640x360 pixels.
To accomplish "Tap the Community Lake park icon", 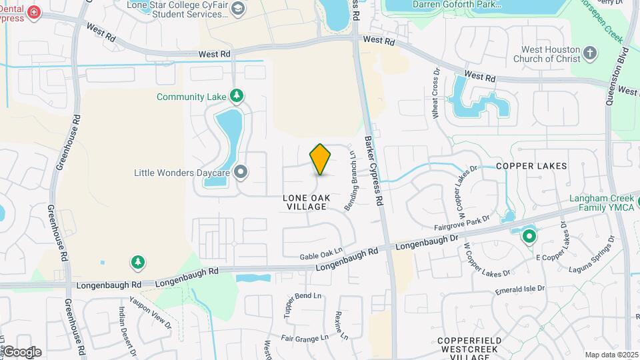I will click(236, 97).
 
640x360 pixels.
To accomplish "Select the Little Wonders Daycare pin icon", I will click(241, 173).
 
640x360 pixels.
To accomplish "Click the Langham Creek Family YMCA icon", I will click(529, 235).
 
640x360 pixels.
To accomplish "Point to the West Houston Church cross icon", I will click(589, 53).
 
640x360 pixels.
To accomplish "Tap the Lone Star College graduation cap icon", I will click(238, 8).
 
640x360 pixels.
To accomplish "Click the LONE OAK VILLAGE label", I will click(305, 202).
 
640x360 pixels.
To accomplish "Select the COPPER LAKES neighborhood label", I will click(531, 165).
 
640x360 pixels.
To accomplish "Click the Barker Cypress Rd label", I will click(374, 171).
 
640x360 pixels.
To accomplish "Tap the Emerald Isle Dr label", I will click(520, 290).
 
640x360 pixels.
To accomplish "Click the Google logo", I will click(22, 352).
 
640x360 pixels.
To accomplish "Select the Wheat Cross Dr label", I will click(436, 101).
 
